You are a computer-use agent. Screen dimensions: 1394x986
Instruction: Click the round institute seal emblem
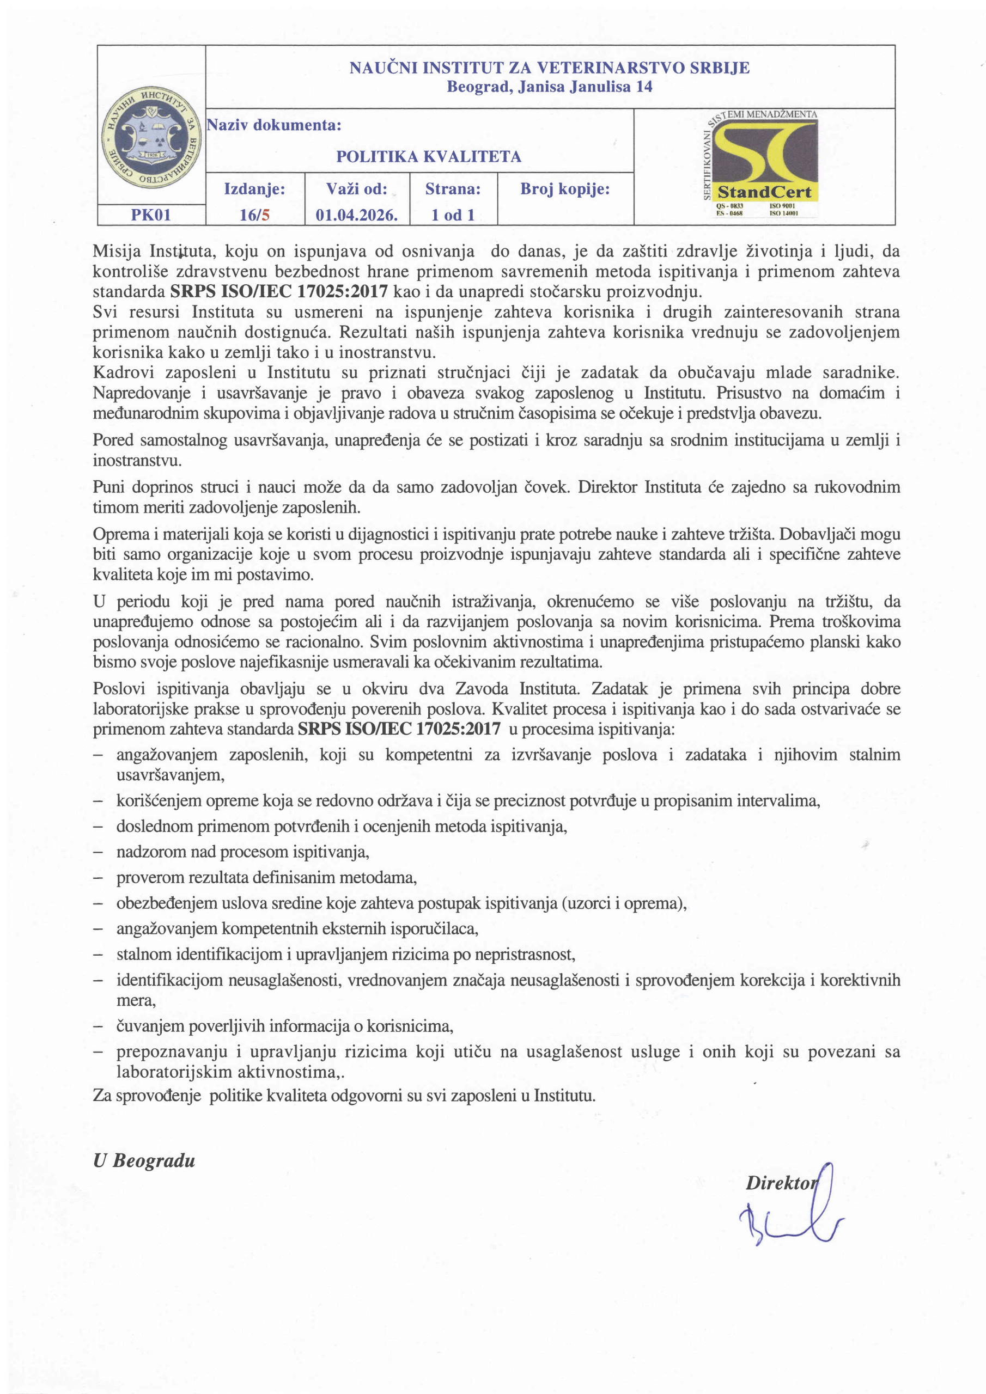151,137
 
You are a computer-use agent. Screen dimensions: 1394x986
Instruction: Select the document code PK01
151,215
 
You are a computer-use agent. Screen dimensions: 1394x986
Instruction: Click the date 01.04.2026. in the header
357,215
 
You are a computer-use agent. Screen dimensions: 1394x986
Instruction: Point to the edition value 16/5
254,215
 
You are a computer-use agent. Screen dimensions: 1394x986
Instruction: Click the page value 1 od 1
453,215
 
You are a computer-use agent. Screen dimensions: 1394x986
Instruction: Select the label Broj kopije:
565,189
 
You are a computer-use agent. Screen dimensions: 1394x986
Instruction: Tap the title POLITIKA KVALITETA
429,157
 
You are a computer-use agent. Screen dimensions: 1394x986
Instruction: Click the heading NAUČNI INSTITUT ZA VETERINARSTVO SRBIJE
549,68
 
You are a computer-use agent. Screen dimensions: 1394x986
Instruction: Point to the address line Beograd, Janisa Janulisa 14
549,87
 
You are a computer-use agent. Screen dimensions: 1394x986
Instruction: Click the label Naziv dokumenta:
274,125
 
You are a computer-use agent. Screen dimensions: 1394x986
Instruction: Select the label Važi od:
357,189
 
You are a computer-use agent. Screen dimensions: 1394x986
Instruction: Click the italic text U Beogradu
144,1161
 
